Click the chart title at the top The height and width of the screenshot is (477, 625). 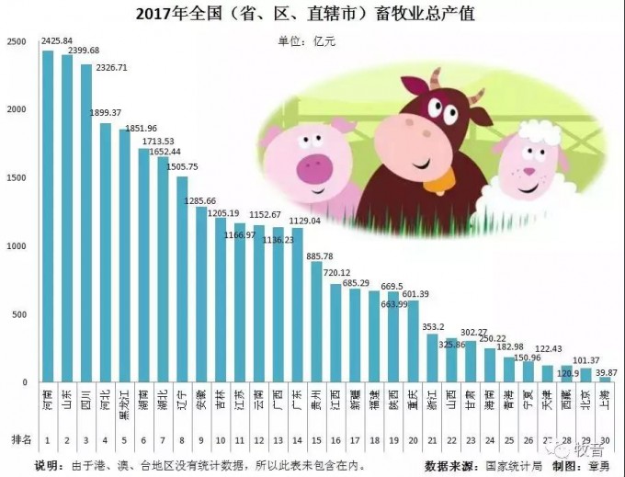coord(312,14)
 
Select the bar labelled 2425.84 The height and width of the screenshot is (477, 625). coord(48,216)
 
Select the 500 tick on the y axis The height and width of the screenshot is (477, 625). coord(19,314)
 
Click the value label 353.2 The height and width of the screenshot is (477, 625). coord(433,326)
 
